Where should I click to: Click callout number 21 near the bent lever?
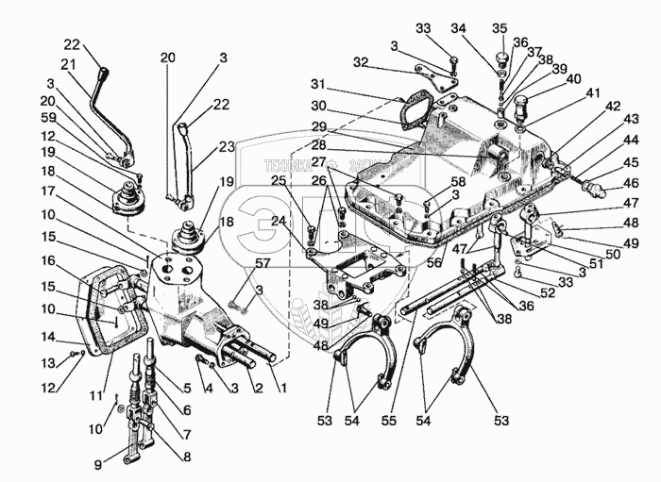(67, 64)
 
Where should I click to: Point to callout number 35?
(500, 29)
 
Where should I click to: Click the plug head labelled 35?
(500, 62)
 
